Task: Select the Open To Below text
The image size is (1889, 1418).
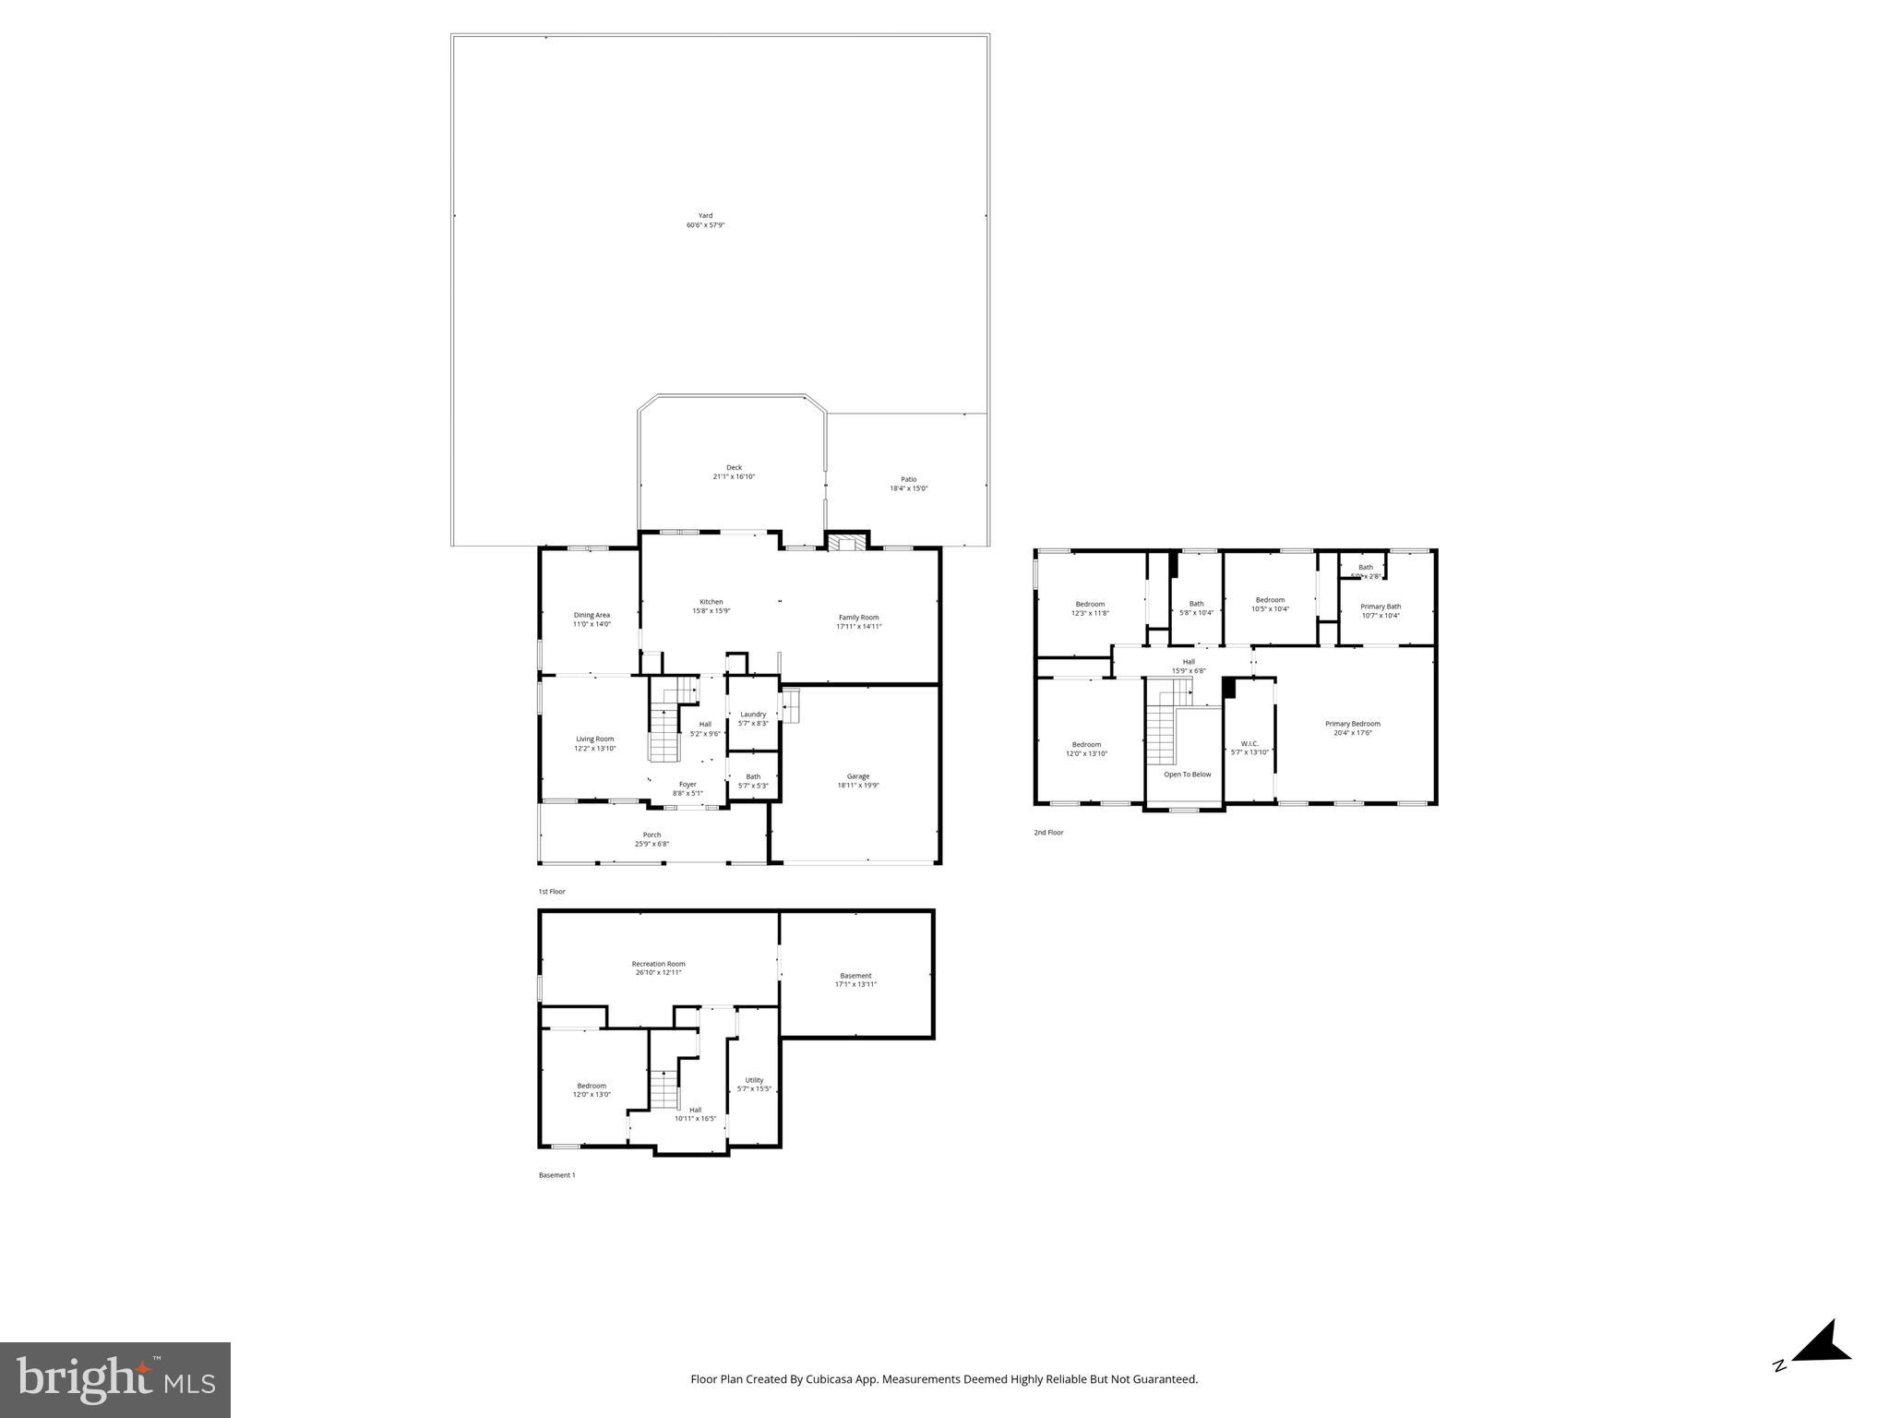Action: pyautogui.click(x=1187, y=775)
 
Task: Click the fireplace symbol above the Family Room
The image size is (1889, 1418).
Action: pyautogui.click(x=846, y=543)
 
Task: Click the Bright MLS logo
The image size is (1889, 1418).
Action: pyautogui.click(x=115, y=1379)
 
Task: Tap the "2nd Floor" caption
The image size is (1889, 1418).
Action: pyautogui.click(x=1048, y=833)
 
